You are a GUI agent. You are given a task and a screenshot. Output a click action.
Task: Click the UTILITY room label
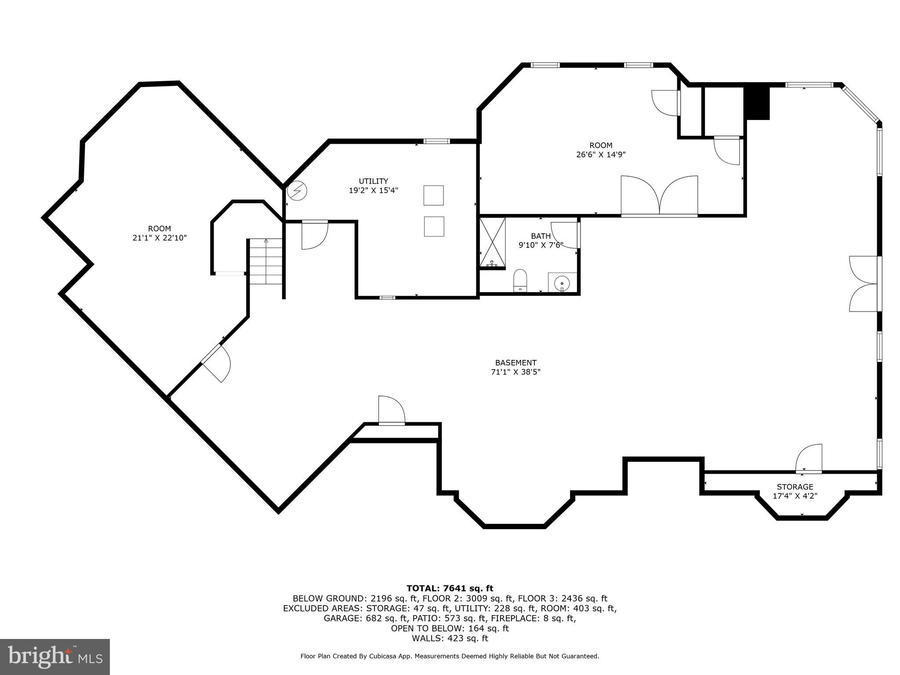pyautogui.click(x=373, y=181)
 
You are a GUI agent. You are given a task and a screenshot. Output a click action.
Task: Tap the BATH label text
pyautogui.click(x=541, y=236)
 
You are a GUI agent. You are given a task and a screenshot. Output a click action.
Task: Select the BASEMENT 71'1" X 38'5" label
pyautogui.click(x=515, y=367)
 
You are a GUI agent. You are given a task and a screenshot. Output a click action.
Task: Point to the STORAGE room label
pyautogui.click(x=795, y=487)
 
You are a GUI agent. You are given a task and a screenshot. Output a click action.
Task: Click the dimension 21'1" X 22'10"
pyautogui.click(x=160, y=238)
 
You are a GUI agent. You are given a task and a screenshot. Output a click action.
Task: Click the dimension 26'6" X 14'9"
pyautogui.click(x=601, y=155)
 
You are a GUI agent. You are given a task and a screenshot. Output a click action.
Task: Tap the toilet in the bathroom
pyautogui.click(x=520, y=280)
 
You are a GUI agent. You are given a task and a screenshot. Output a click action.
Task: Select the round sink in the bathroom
pyautogui.click(x=562, y=283)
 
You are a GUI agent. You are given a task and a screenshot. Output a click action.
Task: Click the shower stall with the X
pyautogui.click(x=492, y=242)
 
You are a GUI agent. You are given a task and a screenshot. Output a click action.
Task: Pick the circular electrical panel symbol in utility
pyautogui.click(x=297, y=191)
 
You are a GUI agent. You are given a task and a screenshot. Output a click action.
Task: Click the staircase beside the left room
pyautogui.click(x=266, y=261)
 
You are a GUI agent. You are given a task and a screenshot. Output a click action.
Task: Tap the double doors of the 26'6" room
pyautogui.click(x=659, y=196)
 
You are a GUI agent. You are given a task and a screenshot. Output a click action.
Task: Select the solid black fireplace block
pyautogui.click(x=757, y=102)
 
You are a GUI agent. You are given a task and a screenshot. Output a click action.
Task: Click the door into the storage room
pyautogui.click(x=809, y=460)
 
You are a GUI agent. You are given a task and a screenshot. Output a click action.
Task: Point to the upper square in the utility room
pyautogui.click(x=433, y=195)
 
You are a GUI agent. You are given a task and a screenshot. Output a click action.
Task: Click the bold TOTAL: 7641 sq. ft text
pyautogui.click(x=450, y=588)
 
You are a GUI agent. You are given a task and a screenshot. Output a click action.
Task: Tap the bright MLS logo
pyautogui.click(x=54, y=657)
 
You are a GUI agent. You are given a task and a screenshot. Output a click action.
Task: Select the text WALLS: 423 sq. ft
pyautogui.click(x=450, y=638)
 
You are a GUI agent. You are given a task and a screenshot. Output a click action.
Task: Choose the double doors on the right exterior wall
pyautogui.click(x=864, y=284)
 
